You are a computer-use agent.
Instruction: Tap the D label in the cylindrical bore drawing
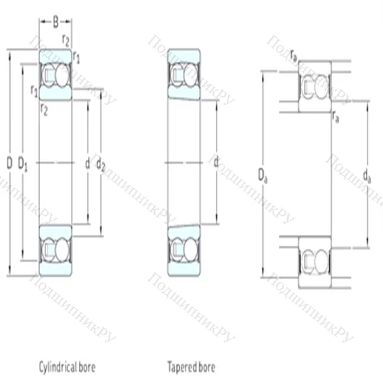click(9, 163)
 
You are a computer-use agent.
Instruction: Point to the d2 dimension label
click(101, 163)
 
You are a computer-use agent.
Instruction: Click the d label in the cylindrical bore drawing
click(87, 163)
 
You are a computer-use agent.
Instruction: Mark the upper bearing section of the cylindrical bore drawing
click(55, 75)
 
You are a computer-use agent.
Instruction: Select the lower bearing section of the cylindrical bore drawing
click(55, 249)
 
